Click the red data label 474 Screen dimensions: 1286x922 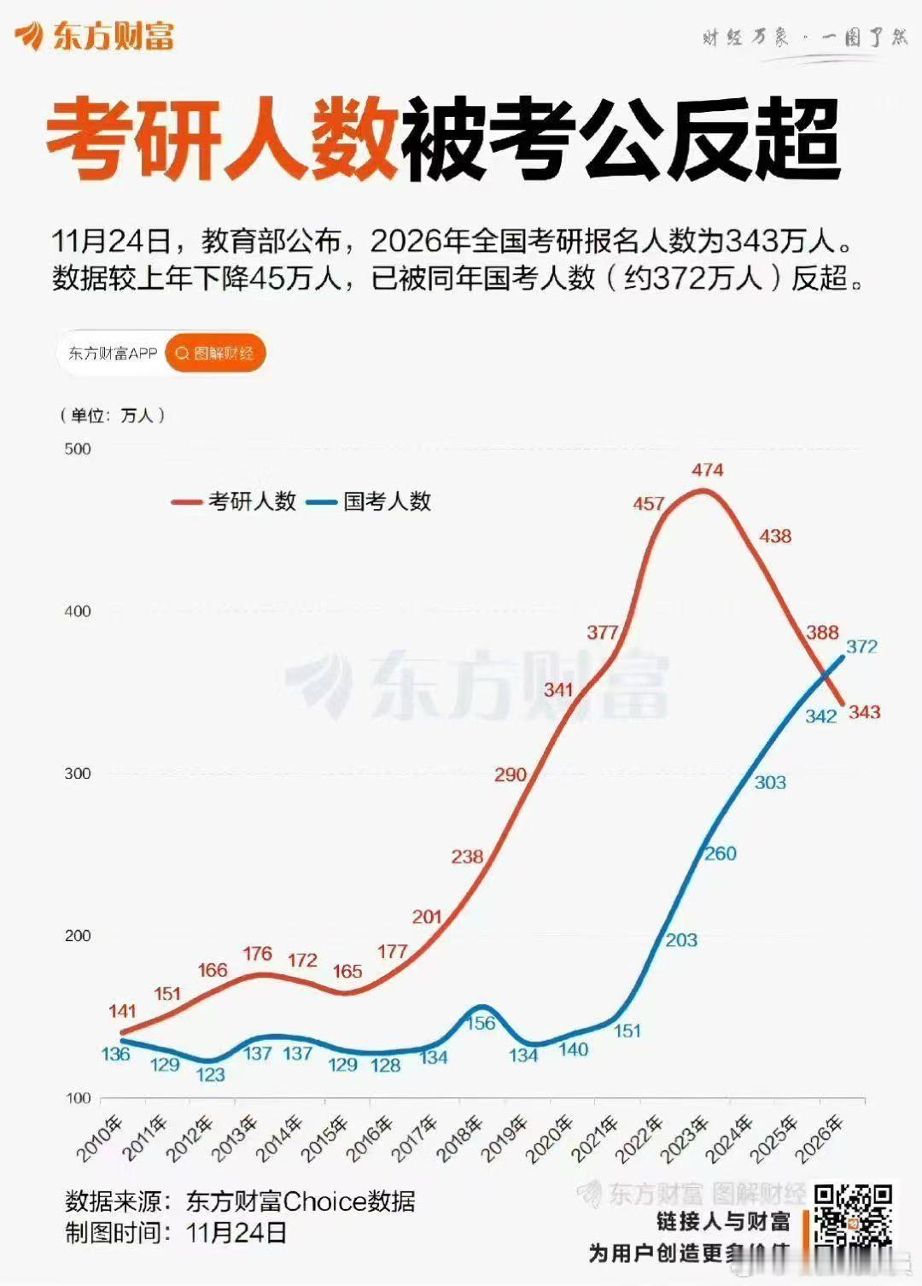pyautogui.click(x=708, y=470)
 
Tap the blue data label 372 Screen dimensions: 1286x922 pyautogui.click(x=861, y=646)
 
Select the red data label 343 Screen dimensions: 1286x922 pyautogui.click(x=864, y=712)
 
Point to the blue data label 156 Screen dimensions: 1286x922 pyautogui.click(x=481, y=1023)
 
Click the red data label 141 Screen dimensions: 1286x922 pyautogui.click(x=122, y=1011)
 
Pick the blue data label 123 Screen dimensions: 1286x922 pyautogui.click(x=210, y=1074)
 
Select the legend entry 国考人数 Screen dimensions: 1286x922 pyautogui.click(x=387, y=501)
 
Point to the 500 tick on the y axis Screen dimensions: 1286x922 pyautogui.click(x=78, y=449)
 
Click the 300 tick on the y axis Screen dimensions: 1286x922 pyautogui.click(x=78, y=774)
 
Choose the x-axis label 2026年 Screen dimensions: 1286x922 pyautogui.click(x=820, y=1138)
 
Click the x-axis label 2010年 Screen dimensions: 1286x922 pyautogui.click(x=100, y=1138)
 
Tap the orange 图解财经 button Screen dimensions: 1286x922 pyautogui.click(x=215, y=354)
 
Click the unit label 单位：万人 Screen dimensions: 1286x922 pyautogui.click(x=112, y=416)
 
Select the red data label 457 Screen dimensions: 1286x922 pyautogui.click(x=649, y=504)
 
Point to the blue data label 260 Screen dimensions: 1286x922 pyautogui.click(x=721, y=854)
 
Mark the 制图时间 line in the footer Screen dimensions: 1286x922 pyautogui.click(x=176, y=1233)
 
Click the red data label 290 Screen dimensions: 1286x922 pyautogui.click(x=511, y=775)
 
